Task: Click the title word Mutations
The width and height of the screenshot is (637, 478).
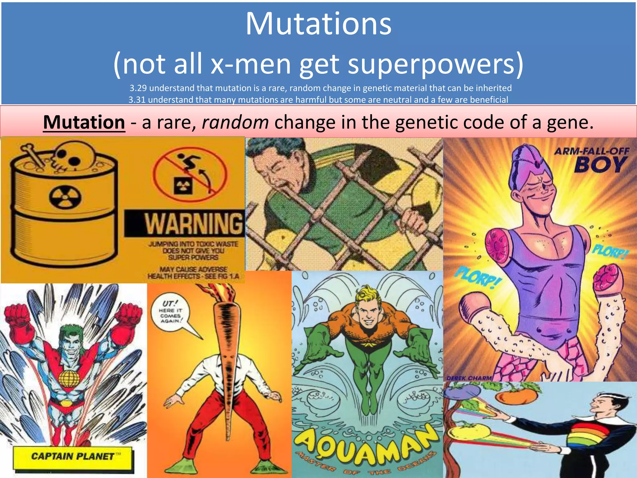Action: (318, 24)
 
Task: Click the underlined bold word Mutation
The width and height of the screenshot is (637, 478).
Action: (84, 122)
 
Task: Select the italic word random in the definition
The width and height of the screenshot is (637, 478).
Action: (235, 122)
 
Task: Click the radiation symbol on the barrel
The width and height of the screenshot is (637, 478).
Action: (65, 197)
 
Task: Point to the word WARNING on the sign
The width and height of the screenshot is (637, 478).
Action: (193, 223)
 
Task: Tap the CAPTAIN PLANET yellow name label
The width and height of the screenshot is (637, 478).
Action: (73, 456)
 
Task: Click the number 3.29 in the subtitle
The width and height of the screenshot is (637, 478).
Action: (138, 88)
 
